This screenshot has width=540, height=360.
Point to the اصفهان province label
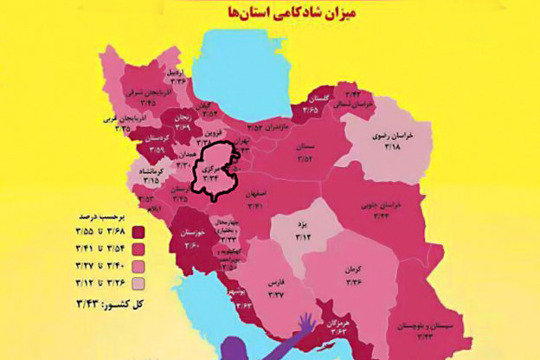[277, 196]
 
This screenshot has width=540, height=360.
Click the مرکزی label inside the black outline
[213, 170]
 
